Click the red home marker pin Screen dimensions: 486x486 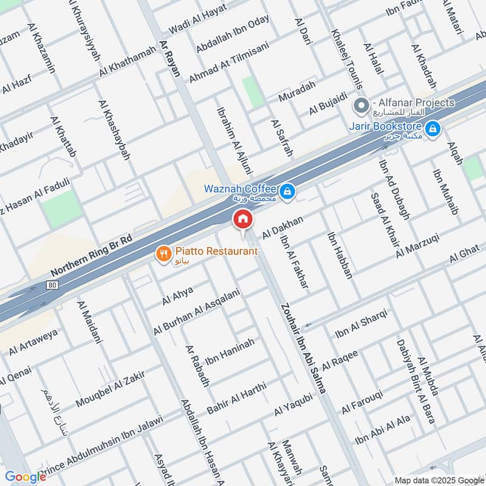coord(243,219)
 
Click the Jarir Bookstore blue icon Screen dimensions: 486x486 coord(433,129)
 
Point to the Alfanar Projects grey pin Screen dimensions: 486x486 coord(361,106)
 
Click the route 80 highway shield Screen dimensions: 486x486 coord(53,285)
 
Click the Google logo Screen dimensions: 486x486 coord(25,477)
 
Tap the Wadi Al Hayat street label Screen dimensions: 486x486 coord(197,21)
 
